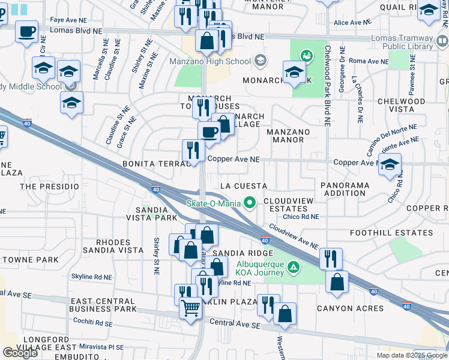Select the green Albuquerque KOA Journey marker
click(293, 266)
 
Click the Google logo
click(20, 353)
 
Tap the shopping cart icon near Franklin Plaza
click(191, 308)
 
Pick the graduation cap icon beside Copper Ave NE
click(390, 164)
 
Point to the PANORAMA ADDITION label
click(345, 189)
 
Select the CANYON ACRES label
click(351, 308)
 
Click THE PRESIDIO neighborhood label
click(50, 187)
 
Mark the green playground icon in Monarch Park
click(307, 56)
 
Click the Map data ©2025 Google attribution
click(412, 355)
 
